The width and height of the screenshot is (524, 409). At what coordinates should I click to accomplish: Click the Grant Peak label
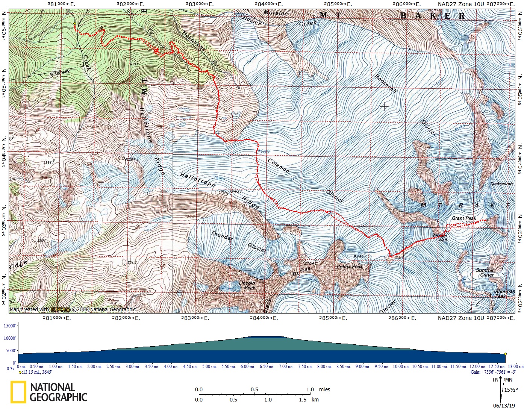point(463,218)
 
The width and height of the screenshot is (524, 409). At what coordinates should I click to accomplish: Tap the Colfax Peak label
point(349,267)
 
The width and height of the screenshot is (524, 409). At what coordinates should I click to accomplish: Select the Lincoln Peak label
point(247,285)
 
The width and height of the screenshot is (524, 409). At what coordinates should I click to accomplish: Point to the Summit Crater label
point(485,273)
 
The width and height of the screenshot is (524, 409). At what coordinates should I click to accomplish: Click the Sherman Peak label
point(504,294)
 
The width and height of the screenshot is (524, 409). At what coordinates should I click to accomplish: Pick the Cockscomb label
point(501,184)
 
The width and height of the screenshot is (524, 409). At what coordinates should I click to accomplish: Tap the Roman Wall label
point(440,238)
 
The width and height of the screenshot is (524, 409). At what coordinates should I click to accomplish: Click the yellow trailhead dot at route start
point(74,24)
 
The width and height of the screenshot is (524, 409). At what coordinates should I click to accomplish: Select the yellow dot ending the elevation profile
point(505,354)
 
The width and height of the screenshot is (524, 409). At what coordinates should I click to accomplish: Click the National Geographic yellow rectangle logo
point(18,392)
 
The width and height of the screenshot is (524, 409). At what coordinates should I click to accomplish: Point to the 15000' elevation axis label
point(9,326)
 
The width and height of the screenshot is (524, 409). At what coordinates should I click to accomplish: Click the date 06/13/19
point(504,406)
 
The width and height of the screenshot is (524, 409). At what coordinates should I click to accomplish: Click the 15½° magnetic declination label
point(511,390)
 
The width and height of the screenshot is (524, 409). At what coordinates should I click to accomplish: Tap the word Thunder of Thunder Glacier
point(222,236)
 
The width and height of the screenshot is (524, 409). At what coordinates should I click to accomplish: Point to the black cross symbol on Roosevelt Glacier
point(384,107)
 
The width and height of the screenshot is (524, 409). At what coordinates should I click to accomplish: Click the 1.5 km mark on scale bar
point(303,400)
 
